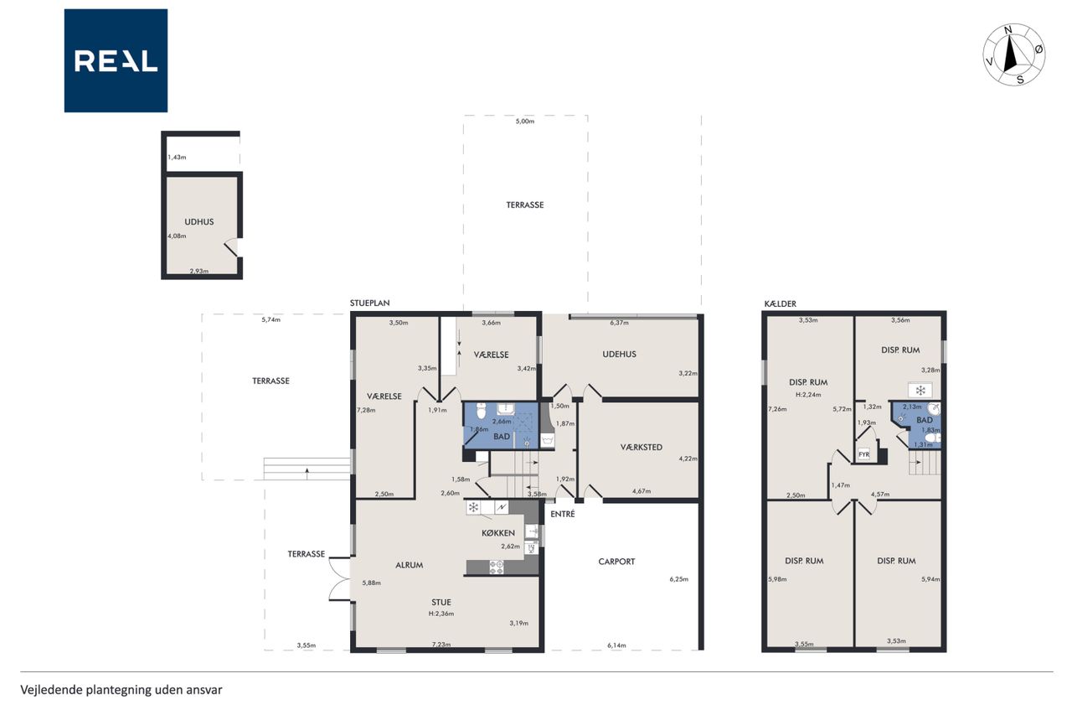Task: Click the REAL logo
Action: tap(116, 61)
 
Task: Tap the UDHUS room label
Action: tap(199, 222)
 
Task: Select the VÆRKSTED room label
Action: tap(642, 448)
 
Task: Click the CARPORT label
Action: tap(616, 562)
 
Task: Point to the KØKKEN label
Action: tap(498, 533)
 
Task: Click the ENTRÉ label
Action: tap(562, 514)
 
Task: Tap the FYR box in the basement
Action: tap(863, 454)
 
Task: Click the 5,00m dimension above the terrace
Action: tap(525, 122)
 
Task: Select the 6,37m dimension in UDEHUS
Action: tap(619, 323)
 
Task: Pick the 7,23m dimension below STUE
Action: tap(441, 644)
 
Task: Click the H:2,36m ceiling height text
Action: tap(441, 614)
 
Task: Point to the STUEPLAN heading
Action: tap(369, 303)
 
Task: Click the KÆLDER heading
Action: tap(780, 303)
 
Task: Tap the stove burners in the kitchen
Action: tap(497, 567)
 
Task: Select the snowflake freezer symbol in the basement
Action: tap(920, 391)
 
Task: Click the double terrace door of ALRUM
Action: tap(339, 579)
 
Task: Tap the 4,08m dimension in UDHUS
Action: tap(177, 236)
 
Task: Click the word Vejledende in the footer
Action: tap(51, 690)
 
